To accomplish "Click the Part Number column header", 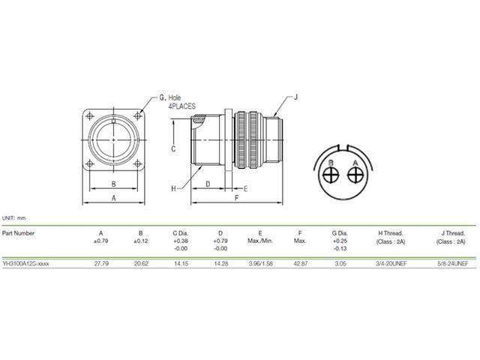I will coord(19,232).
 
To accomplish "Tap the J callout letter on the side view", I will coord(296,97).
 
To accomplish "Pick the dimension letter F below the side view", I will coord(235,199).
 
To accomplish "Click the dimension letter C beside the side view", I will coord(172,148).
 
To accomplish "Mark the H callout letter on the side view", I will coord(172,188).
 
